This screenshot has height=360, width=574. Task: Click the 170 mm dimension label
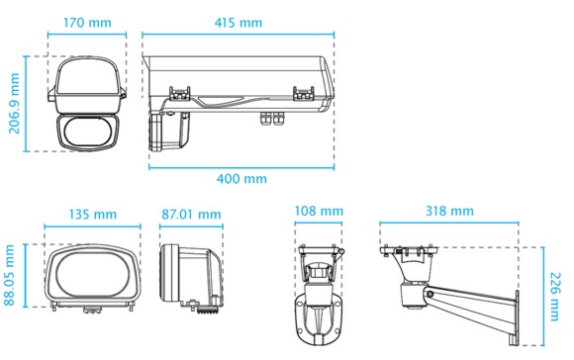coord(87,23)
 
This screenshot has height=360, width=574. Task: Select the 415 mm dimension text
coord(239,23)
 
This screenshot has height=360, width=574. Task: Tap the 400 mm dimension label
coord(241,179)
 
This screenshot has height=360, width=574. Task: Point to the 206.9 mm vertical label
coord(14,104)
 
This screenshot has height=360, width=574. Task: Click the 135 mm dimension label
coord(93,214)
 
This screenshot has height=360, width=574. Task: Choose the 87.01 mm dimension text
coord(191,214)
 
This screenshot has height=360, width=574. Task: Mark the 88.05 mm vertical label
coord(10,275)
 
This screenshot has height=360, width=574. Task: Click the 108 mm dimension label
coord(319,211)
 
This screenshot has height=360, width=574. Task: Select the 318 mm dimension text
coord(449,211)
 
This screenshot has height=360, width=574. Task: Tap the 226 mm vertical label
coord(555,297)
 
